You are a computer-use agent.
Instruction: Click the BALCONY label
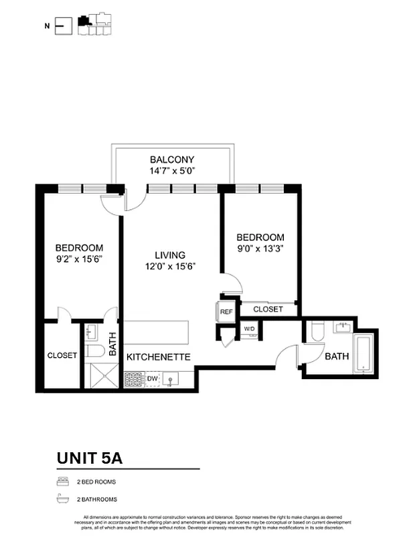172,159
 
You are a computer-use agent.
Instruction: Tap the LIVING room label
170,255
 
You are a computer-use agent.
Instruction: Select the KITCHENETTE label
159,356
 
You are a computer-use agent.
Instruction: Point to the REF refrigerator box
226,312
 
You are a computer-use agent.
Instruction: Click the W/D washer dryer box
249,329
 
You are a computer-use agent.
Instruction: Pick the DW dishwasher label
152,379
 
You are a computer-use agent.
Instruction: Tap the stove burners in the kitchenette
133,380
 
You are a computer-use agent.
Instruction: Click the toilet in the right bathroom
317,331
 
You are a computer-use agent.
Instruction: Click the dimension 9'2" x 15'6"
79,259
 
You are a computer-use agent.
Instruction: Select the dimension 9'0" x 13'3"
260,249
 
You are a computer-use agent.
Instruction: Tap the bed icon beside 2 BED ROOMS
62,481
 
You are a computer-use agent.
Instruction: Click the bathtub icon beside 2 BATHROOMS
62,498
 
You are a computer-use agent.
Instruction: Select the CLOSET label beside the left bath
62,355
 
